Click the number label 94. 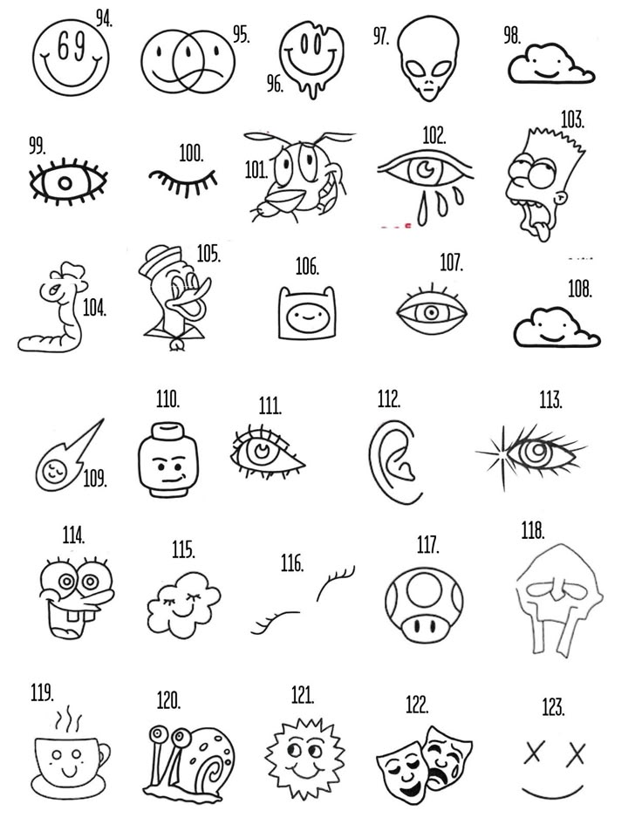(x=106, y=18)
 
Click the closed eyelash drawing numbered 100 (x=182, y=180)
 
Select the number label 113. (x=550, y=400)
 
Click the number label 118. (x=533, y=530)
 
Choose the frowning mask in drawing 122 (x=446, y=754)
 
